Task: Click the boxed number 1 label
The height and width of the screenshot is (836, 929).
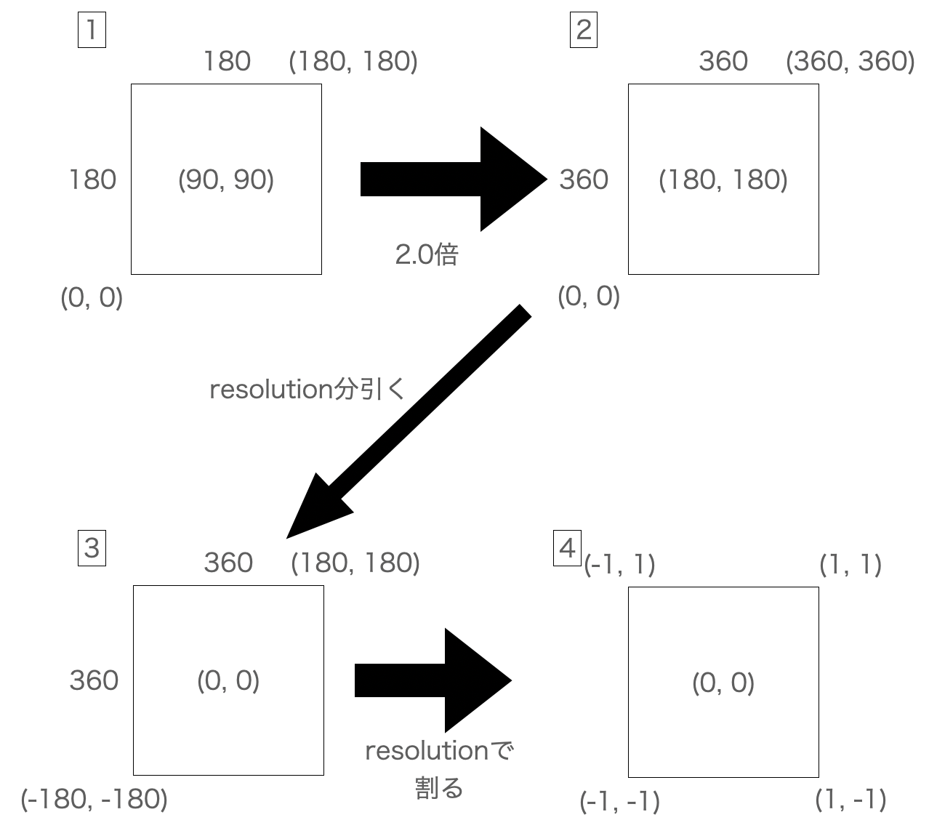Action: pyautogui.click(x=92, y=31)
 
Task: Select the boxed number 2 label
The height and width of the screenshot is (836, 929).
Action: pyautogui.click(x=583, y=31)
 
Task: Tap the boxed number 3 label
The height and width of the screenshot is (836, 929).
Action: pyautogui.click(x=92, y=547)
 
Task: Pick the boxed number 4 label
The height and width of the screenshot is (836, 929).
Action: pyautogui.click(x=568, y=547)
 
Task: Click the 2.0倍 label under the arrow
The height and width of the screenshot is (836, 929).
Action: pyautogui.click(x=427, y=254)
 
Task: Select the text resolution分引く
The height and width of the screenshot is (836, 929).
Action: pyautogui.click(x=306, y=390)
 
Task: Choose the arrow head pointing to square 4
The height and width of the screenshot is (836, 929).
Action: pyautogui.click(x=476, y=680)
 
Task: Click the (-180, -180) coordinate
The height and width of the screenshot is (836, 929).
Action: pyautogui.click(x=94, y=799)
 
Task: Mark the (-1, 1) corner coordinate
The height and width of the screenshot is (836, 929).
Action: pyautogui.click(x=620, y=564)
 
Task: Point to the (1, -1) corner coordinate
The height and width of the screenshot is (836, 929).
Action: pyautogui.click(x=850, y=800)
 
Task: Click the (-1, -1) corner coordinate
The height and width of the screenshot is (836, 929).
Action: pyautogui.click(x=620, y=801)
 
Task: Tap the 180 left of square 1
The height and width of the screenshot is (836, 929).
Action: pyautogui.click(x=92, y=180)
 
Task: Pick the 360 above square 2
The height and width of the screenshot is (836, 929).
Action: pyautogui.click(x=723, y=61)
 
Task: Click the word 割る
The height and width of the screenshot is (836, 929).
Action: pyautogui.click(x=438, y=788)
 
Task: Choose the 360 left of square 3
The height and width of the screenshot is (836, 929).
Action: pyautogui.click(x=94, y=680)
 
